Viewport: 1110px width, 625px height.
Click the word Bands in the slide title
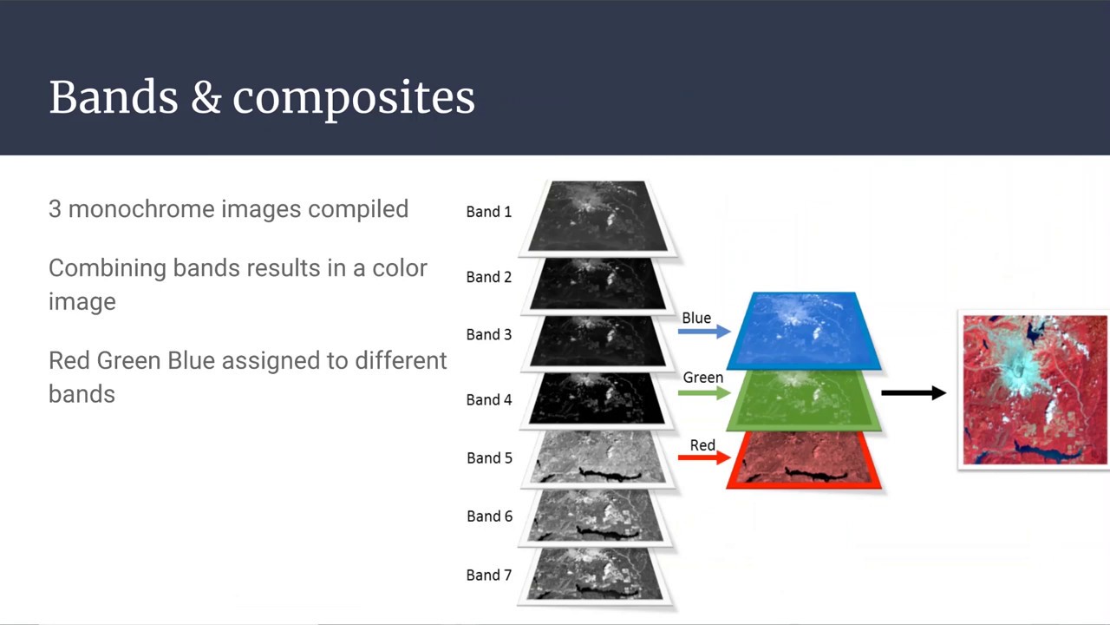click(x=113, y=97)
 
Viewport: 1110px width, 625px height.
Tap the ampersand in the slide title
click(x=206, y=98)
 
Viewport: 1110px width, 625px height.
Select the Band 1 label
click(x=488, y=212)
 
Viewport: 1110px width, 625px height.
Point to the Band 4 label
click(x=488, y=400)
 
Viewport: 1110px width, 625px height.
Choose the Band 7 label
click(x=488, y=576)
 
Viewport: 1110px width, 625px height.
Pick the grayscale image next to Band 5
click(x=597, y=458)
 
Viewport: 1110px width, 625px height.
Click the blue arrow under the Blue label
click(x=703, y=332)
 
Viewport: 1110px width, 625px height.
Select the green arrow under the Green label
click(x=703, y=392)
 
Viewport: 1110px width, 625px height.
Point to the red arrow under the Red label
click(x=703, y=457)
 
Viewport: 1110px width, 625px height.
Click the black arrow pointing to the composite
click(x=913, y=393)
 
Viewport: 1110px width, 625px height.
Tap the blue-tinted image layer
click(x=804, y=330)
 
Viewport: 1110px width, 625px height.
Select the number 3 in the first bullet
click(x=55, y=209)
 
